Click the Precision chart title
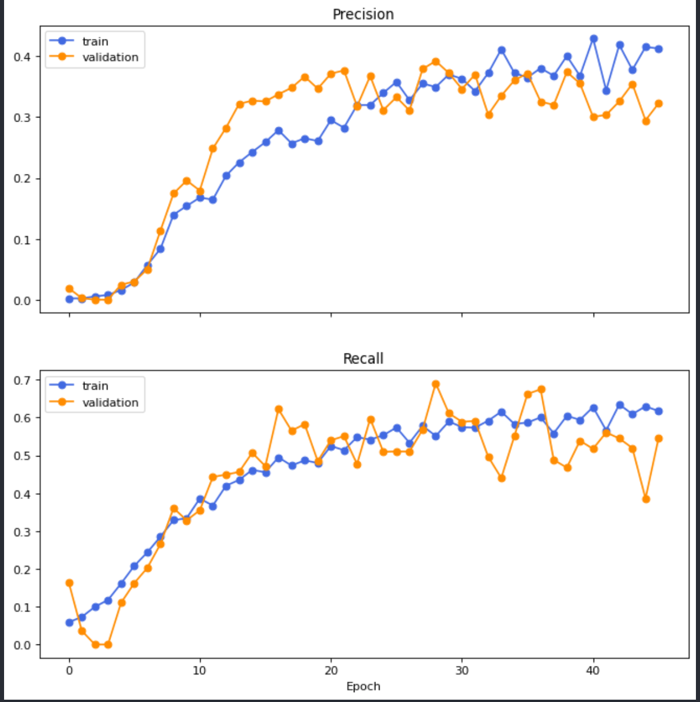363,15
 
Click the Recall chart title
363,359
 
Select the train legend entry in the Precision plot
95,41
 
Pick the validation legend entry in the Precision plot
110,57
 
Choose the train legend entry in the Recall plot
95,386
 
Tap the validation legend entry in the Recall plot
110,402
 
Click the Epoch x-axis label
363,686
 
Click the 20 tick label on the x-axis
331,671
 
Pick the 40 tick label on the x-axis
593,671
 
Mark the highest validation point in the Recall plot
436,384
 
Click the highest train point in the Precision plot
594,38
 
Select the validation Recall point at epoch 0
69,583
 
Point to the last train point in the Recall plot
659,411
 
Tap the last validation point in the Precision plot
659,104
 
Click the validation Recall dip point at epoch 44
646,499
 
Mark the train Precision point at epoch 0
69,299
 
